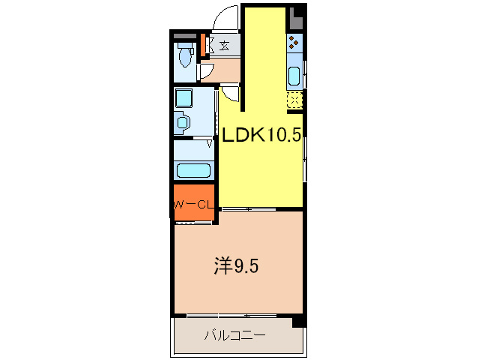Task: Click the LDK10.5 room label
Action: click(x=260, y=135)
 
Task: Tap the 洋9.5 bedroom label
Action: click(x=238, y=265)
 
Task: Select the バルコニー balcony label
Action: click(x=235, y=334)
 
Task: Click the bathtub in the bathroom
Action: click(x=193, y=170)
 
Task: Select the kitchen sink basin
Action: click(x=294, y=76)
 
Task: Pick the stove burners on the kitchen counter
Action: click(x=294, y=43)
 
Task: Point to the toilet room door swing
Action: click(x=205, y=71)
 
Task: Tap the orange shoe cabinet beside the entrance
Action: click(x=202, y=41)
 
